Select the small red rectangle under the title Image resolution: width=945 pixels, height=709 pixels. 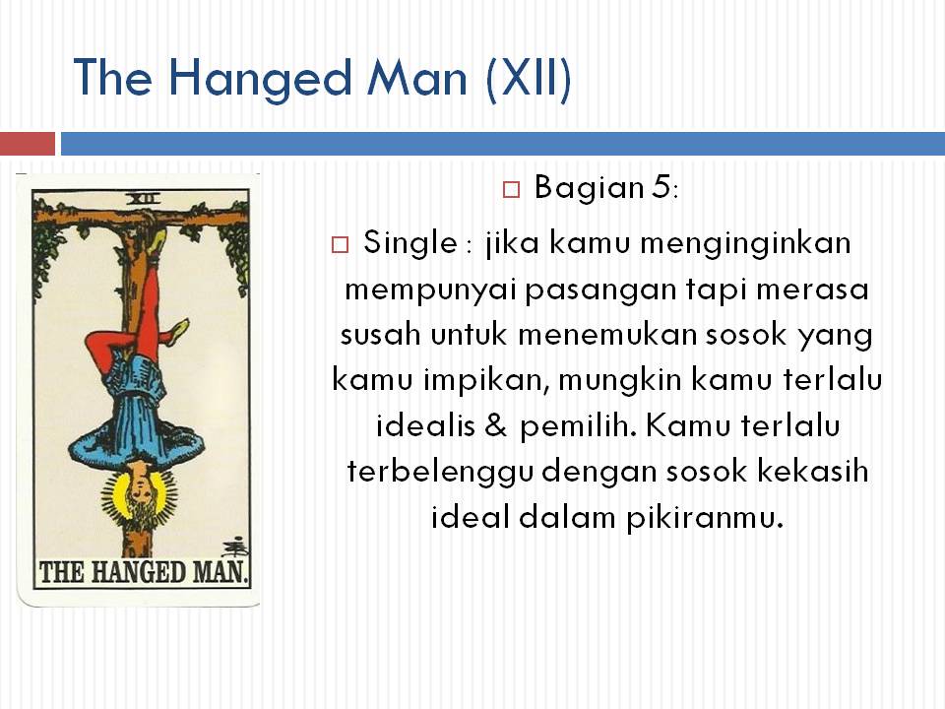pyautogui.click(x=27, y=144)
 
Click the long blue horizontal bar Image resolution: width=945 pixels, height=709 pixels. pyautogui.click(x=502, y=144)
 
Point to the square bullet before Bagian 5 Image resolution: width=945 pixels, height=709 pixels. pyautogui.click(x=510, y=189)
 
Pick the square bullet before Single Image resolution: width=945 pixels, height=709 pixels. pyautogui.click(x=340, y=244)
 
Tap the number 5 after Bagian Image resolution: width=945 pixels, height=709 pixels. pyautogui.click(x=660, y=187)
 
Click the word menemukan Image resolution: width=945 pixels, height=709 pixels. pyautogui.click(x=602, y=335)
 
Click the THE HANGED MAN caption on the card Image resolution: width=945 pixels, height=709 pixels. pyautogui.click(x=144, y=571)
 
